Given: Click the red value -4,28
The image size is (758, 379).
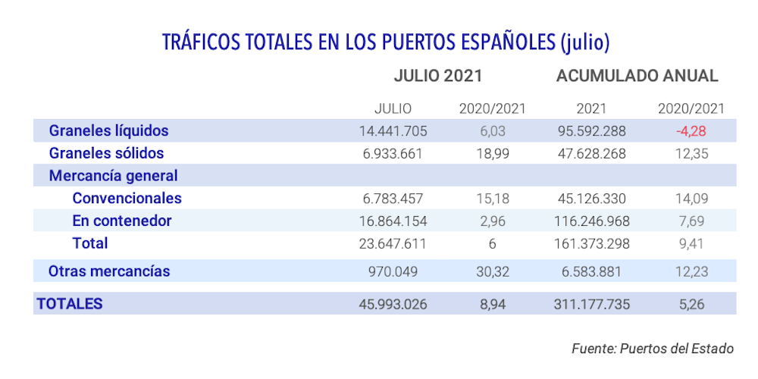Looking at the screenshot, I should tap(691, 130).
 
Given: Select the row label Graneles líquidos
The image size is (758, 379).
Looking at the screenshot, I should tap(108, 130).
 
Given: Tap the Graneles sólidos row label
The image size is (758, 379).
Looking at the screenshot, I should tap(106, 153).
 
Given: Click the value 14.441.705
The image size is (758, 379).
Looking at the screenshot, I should tap(393, 130).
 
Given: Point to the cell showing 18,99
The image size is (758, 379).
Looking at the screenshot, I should tap(493, 153).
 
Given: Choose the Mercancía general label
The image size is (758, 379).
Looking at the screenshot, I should tap(113, 176).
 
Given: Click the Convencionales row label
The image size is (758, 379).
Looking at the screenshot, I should tap(127, 199).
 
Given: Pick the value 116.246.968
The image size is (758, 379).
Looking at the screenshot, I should tap(591, 221).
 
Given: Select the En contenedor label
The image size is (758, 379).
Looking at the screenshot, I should tap(122, 221).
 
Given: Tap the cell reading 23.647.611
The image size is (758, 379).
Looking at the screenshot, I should tap(393, 243).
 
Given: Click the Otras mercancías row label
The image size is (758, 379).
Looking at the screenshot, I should tap(109, 271).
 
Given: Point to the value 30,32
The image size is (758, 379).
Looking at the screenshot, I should tap(493, 271).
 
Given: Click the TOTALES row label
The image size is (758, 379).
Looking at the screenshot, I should tap(70, 303).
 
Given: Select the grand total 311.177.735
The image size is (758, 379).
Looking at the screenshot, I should tap(591, 304).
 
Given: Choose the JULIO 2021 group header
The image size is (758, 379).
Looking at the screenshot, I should tap(438, 76).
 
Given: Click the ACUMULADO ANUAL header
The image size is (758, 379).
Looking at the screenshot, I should tap(637, 76).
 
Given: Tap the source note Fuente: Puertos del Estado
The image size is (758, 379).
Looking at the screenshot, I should tap(652, 349).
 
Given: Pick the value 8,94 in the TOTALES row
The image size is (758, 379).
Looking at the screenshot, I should tap(493, 304).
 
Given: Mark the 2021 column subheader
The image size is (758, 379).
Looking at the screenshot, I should tap(591, 108).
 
